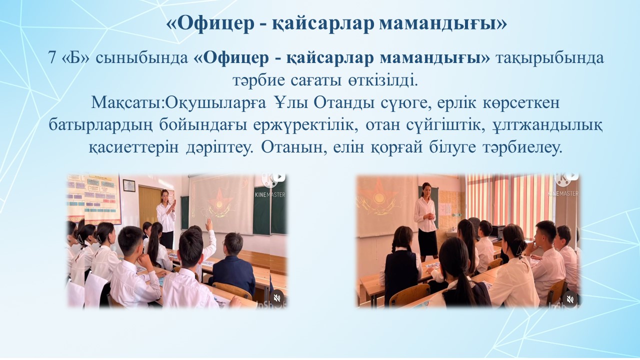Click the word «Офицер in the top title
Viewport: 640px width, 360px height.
pos(210,23)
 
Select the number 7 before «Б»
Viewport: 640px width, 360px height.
pos(52,58)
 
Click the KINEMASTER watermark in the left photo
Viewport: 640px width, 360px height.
pos(269,194)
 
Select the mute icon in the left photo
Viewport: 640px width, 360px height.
pos(276,298)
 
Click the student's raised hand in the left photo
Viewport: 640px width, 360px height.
pos(209,224)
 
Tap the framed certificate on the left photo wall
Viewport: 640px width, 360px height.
pos(129,185)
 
